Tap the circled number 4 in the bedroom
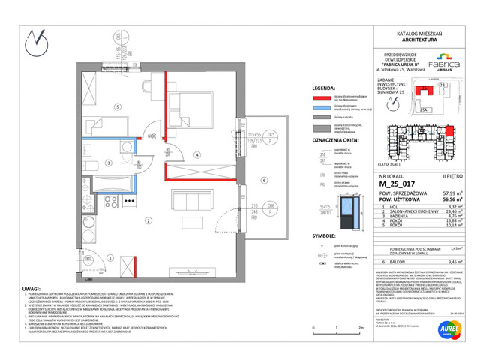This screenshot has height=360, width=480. click(x=196, y=155)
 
